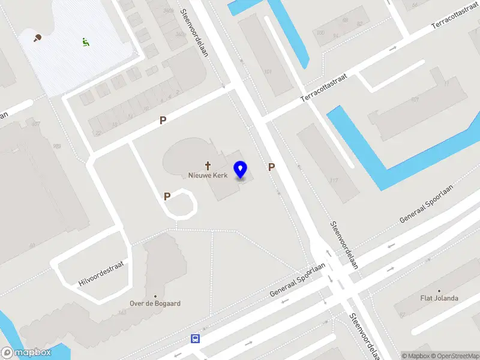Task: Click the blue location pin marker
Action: tap(241, 170)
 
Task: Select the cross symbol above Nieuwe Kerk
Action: tap(209, 165)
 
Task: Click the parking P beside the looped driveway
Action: tap(167, 196)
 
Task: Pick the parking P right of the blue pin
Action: tap(271, 167)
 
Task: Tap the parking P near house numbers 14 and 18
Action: tap(163, 121)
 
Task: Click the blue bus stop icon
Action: tap(195, 338)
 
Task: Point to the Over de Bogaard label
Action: tap(155, 304)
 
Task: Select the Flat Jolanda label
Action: tap(439, 298)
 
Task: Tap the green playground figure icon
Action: tap(85, 42)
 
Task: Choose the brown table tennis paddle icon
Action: tap(37, 38)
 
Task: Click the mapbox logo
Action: tap(25, 353)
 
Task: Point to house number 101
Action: tap(268, 72)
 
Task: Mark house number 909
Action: tap(57, 146)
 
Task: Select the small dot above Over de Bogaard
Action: tap(155, 296)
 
